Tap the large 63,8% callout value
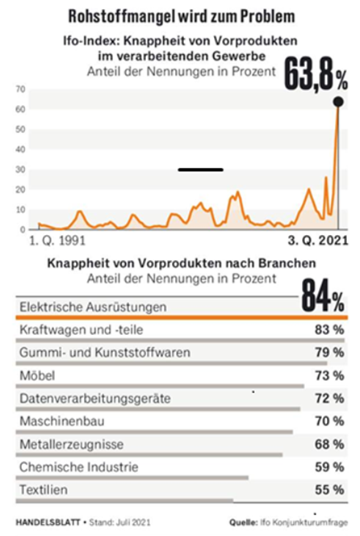click(x=316, y=74)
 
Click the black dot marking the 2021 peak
click(x=338, y=102)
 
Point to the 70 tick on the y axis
click(x=20, y=90)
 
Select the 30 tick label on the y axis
click(x=20, y=170)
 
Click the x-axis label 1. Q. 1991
click(x=57, y=241)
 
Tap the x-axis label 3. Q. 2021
click(x=318, y=241)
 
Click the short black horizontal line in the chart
click(x=201, y=170)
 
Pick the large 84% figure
click(x=323, y=295)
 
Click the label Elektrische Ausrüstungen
click(x=93, y=307)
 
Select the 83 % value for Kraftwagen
click(x=329, y=330)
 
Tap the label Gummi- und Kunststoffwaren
click(x=105, y=353)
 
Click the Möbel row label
click(x=37, y=375)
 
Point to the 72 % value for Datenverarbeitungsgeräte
click(x=329, y=398)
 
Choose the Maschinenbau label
click(x=62, y=421)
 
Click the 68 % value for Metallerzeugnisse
click(x=329, y=445)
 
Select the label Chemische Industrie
click(x=79, y=467)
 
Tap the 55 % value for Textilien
click(x=329, y=490)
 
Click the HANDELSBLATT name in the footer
click(x=48, y=522)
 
